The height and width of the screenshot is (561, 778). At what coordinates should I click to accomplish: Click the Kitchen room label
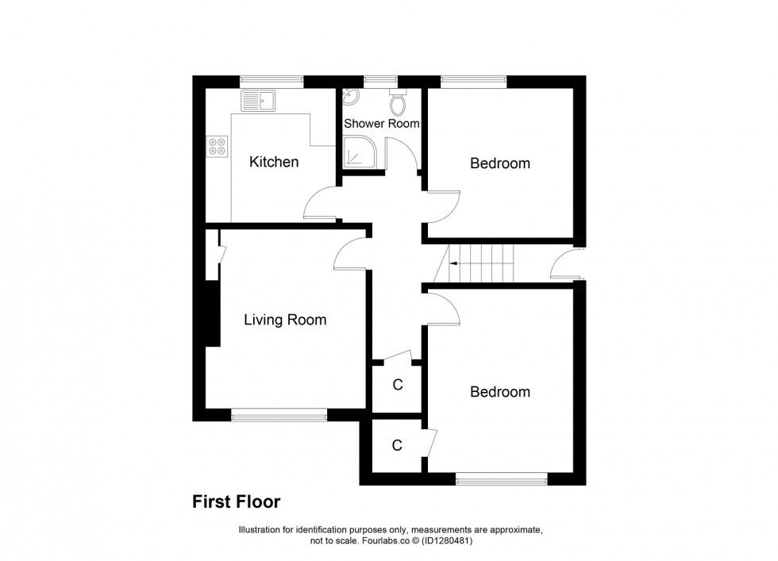(274, 163)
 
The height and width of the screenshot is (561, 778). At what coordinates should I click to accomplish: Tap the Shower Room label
(381, 124)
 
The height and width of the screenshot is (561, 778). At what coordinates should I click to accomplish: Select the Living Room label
(285, 321)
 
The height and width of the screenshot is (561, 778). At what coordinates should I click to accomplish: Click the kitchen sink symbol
(258, 101)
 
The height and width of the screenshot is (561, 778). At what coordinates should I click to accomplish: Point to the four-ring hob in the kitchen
(217, 145)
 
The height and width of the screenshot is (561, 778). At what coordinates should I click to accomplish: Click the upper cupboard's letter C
(398, 386)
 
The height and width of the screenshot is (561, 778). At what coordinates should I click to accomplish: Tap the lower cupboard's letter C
(397, 446)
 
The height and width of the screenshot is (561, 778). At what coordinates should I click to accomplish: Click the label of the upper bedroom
(499, 163)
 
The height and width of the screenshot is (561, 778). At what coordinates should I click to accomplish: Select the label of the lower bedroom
(499, 392)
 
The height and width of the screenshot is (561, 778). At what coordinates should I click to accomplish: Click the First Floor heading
(236, 501)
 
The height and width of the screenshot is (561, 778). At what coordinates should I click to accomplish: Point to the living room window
(279, 414)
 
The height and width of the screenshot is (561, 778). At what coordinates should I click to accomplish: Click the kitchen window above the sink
(272, 80)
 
